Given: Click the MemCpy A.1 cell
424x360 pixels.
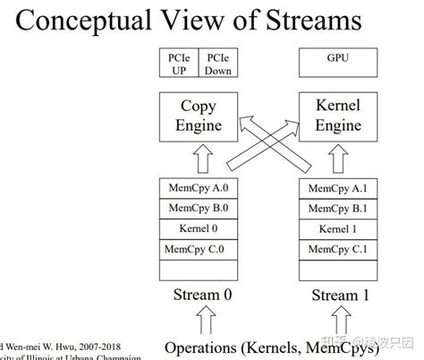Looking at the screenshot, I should [x=335, y=189].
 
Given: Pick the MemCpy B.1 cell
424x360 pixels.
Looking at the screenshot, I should [x=335, y=209].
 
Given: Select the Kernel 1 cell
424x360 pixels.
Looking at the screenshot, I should [x=335, y=227].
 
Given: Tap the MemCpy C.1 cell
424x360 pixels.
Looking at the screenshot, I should [x=335, y=247].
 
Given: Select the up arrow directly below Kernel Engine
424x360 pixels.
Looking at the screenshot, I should [x=335, y=161].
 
